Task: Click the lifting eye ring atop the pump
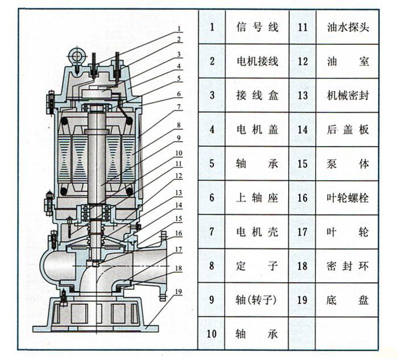click(x=75, y=55)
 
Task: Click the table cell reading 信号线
click(x=257, y=27)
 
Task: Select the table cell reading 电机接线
click(x=257, y=61)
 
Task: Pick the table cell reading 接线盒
click(x=257, y=95)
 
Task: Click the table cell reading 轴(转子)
click(x=257, y=300)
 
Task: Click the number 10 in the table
click(x=212, y=334)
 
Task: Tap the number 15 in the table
click(x=302, y=164)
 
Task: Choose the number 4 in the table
click(x=212, y=130)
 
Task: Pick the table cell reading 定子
click(x=257, y=266)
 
